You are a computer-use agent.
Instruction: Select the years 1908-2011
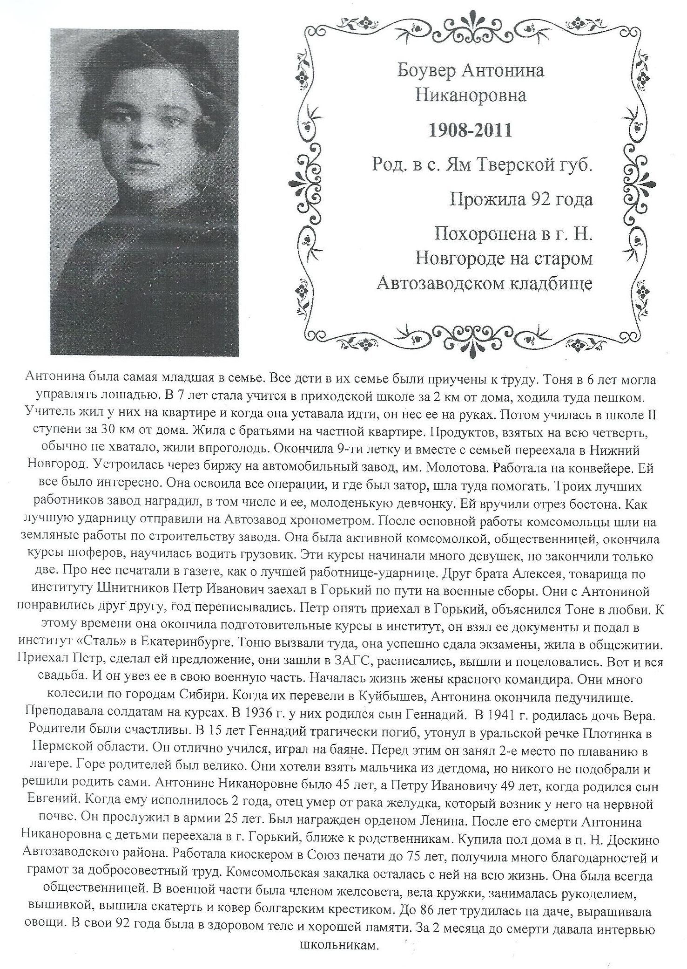pos(471,130)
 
